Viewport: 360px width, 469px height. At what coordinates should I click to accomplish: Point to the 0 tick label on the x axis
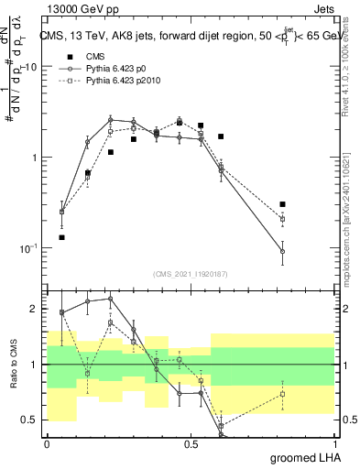pos(47,444)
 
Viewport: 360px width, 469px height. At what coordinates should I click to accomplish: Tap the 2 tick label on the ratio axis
pos(36,309)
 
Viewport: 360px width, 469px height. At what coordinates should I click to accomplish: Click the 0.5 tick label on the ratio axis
pos(32,420)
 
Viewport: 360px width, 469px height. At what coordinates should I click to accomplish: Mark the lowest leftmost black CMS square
pos(61,237)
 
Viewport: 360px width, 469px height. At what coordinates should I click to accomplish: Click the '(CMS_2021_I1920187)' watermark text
pos(190,273)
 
